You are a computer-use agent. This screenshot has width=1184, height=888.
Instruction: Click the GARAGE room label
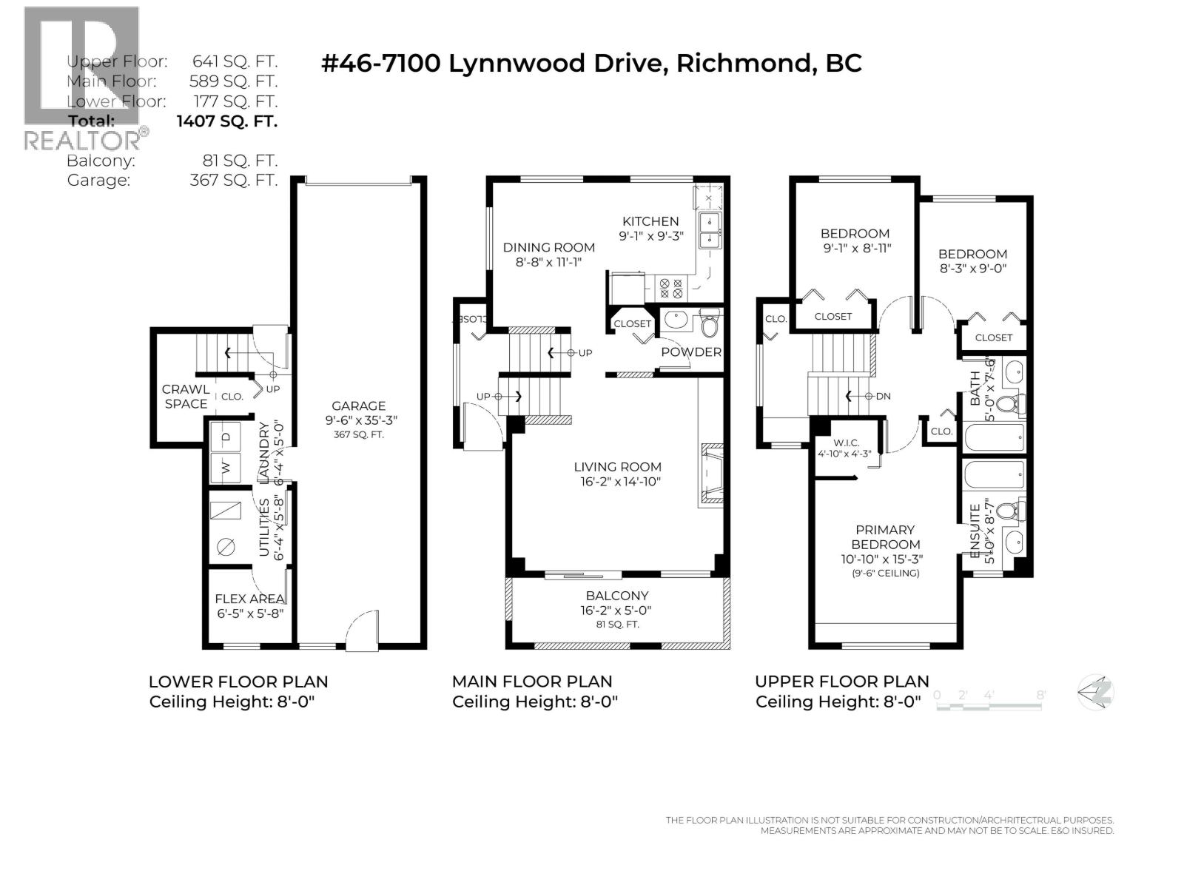tap(358, 406)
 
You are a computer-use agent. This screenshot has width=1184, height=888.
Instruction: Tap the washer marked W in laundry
tap(226, 467)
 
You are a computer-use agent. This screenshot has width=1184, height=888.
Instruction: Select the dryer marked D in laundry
tap(226, 437)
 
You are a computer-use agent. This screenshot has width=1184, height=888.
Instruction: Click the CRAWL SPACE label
tap(186, 397)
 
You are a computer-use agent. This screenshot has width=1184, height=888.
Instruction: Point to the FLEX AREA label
tap(249, 599)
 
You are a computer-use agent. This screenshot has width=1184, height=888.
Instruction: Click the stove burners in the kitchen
tap(671, 288)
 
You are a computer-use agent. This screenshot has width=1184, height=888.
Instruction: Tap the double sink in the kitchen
tap(711, 231)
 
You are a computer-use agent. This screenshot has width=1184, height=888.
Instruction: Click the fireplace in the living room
tap(711, 475)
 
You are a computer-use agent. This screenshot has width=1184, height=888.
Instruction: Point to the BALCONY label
tap(616, 596)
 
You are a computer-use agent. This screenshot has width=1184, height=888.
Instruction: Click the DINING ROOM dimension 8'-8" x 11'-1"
tap(548, 262)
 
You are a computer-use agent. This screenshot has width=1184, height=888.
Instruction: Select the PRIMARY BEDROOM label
tap(884, 537)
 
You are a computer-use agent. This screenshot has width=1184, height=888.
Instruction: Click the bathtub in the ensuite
tap(995, 474)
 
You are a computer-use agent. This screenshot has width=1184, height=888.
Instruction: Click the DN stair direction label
tap(882, 396)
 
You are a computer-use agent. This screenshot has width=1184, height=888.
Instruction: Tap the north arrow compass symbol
tap(1096, 693)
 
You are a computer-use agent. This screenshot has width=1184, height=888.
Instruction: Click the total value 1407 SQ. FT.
tap(226, 121)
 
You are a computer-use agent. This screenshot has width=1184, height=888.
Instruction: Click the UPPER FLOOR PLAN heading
tap(841, 682)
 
